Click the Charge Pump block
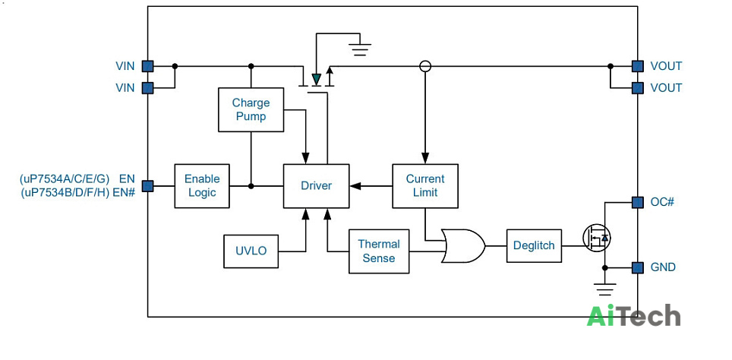[x=251, y=109]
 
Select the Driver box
[x=316, y=186]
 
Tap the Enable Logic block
[x=202, y=186]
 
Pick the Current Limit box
[x=424, y=186]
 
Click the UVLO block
[x=251, y=251]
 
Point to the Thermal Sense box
[x=379, y=251]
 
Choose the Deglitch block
[x=534, y=245]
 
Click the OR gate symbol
[x=463, y=245]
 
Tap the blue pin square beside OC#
[x=637, y=202]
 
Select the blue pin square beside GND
[x=637, y=267]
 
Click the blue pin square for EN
[x=147, y=186]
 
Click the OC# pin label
[x=662, y=202]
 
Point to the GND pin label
[x=663, y=267]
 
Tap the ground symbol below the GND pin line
[x=605, y=289]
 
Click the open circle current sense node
[x=424, y=66]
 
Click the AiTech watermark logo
[x=633, y=315]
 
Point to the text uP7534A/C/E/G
[x=65, y=178]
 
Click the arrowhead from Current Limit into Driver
[x=355, y=186]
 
